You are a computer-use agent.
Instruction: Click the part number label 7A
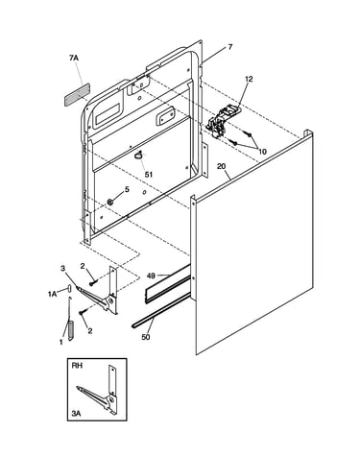pyautogui.click(x=74, y=58)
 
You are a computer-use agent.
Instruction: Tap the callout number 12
pyautogui.click(x=249, y=79)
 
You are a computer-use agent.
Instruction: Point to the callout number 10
pyautogui.click(x=262, y=152)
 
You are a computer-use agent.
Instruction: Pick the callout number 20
pyautogui.click(x=221, y=166)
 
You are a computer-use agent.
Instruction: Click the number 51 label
pyautogui.click(x=149, y=175)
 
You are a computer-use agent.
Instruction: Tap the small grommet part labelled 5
pyautogui.click(x=110, y=202)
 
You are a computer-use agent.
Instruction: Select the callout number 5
pyautogui.click(x=127, y=189)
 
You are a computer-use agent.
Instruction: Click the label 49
pyautogui.click(x=151, y=276)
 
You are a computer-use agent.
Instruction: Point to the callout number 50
pyautogui.click(x=146, y=337)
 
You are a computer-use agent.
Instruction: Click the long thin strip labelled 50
pyautogui.click(x=160, y=310)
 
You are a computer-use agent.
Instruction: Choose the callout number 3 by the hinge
pyautogui.click(x=62, y=268)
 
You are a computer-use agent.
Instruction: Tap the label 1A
pyautogui.click(x=52, y=294)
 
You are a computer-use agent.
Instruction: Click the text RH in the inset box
pyautogui.click(x=77, y=366)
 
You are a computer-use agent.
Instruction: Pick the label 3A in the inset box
pyautogui.click(x=76, y=414)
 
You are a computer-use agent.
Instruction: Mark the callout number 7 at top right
pyautogui.click(x=229, y=47)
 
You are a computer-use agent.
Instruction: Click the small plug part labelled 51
pyautogui.click(x=139, y=156)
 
